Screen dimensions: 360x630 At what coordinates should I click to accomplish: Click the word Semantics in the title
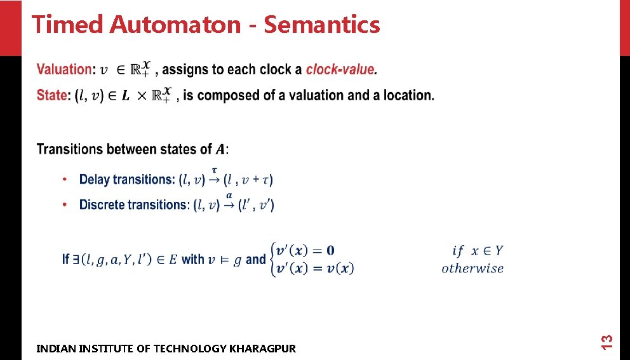coord(321,25)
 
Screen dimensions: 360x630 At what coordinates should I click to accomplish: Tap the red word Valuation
coord(64,70)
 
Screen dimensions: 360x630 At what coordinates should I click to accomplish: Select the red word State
coord(51,95)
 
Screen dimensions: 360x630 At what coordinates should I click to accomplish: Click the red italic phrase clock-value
coord(340,70)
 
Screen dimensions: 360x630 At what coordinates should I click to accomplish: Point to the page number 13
coord(607,341)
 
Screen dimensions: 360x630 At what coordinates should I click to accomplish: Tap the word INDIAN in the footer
coord(54,349)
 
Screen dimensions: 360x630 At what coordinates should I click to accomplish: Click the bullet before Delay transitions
coord(65,180)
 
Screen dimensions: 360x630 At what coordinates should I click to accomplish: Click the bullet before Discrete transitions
coord(65,205)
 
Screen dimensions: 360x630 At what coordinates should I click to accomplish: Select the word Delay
coord(95,180)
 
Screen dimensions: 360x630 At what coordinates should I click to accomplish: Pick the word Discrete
coord(102,205)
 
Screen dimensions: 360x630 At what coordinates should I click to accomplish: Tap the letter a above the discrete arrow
coord(229,196)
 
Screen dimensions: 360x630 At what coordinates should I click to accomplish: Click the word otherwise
coord(473,269)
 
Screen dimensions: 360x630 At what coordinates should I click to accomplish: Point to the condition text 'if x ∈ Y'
coord(478,251)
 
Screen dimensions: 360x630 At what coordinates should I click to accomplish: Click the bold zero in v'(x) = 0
coord(348,251)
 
